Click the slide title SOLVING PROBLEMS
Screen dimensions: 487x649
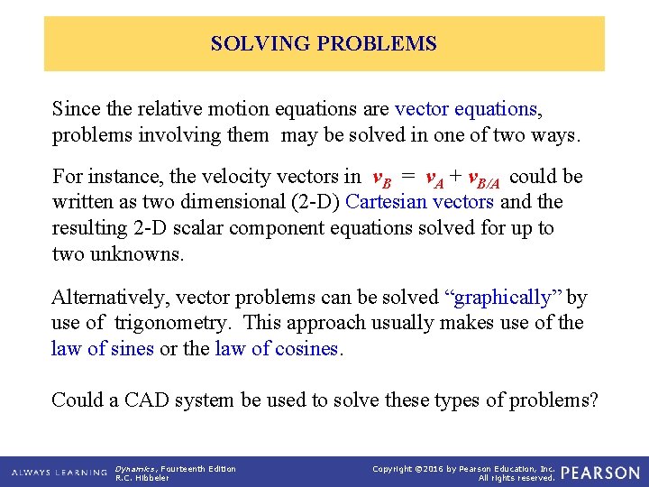click(x=324, y=43)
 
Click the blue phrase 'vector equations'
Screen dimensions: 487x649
click(x=466, y=109)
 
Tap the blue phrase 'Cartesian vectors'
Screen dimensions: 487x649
click(x=420, y=202)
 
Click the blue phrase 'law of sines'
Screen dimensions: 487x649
click(x=103, y=348)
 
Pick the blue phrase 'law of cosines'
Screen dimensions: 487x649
click(x=277, y=348)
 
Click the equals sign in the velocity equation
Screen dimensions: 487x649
click(x=407, y=177)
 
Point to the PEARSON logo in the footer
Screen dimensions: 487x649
click(x=599, y=473)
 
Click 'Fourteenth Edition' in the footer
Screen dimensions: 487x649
click(x=197, y=468)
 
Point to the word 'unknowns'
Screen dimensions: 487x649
click(x=141, y=253)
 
